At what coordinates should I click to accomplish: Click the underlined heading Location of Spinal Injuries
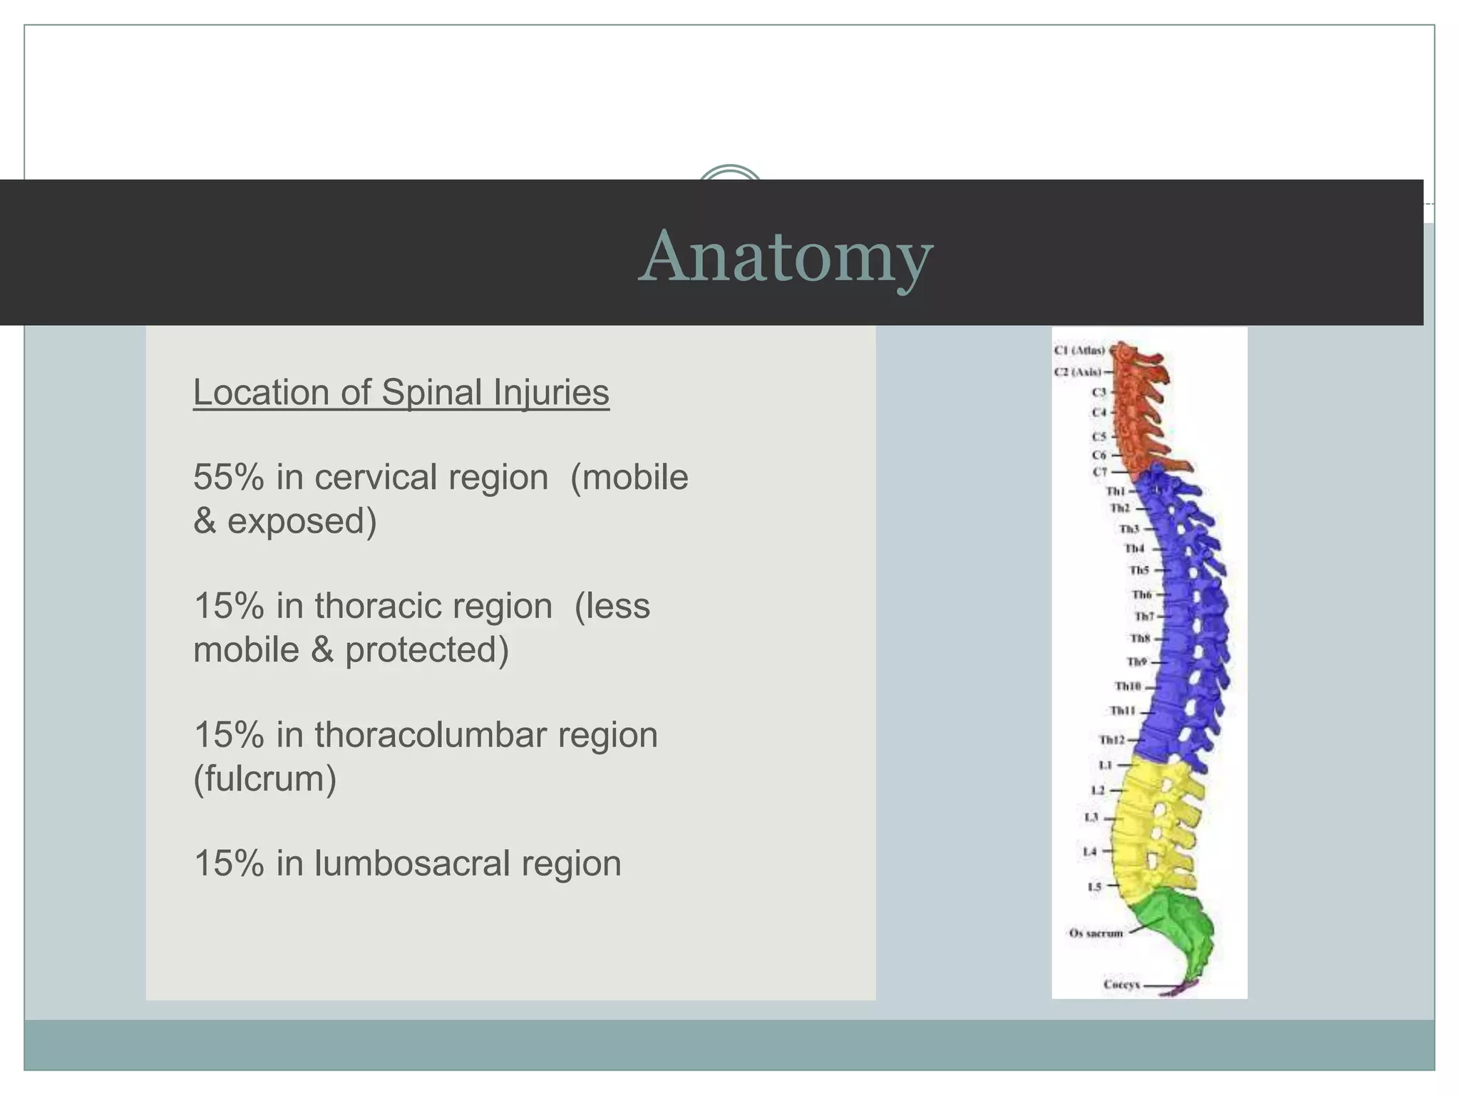401,392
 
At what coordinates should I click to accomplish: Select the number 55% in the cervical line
228,477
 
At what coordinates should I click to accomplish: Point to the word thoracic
374,606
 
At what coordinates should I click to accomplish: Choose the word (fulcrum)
264,778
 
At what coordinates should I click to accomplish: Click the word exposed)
302,520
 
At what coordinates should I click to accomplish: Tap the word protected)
426,649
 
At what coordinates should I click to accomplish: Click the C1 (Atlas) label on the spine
1079,350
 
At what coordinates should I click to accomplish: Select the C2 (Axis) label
1077,372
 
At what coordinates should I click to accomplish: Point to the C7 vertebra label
1100,472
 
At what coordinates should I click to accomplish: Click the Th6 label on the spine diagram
1141,594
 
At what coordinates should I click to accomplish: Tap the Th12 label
1111,740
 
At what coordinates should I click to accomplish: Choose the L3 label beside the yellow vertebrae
1091,817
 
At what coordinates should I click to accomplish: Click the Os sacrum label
1096,932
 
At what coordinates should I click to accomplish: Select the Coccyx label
1121,985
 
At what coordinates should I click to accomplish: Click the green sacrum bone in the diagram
1173,927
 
